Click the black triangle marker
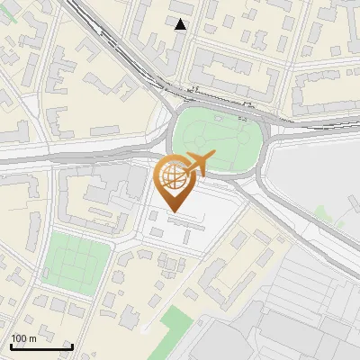coord(181,24)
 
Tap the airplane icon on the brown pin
coord(194,164)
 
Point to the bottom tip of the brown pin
coord(173,212)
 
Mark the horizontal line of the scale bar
coord(41,346)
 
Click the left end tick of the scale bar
coord(11,345)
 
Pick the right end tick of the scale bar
coord(72,345)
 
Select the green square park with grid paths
coord(76,262)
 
